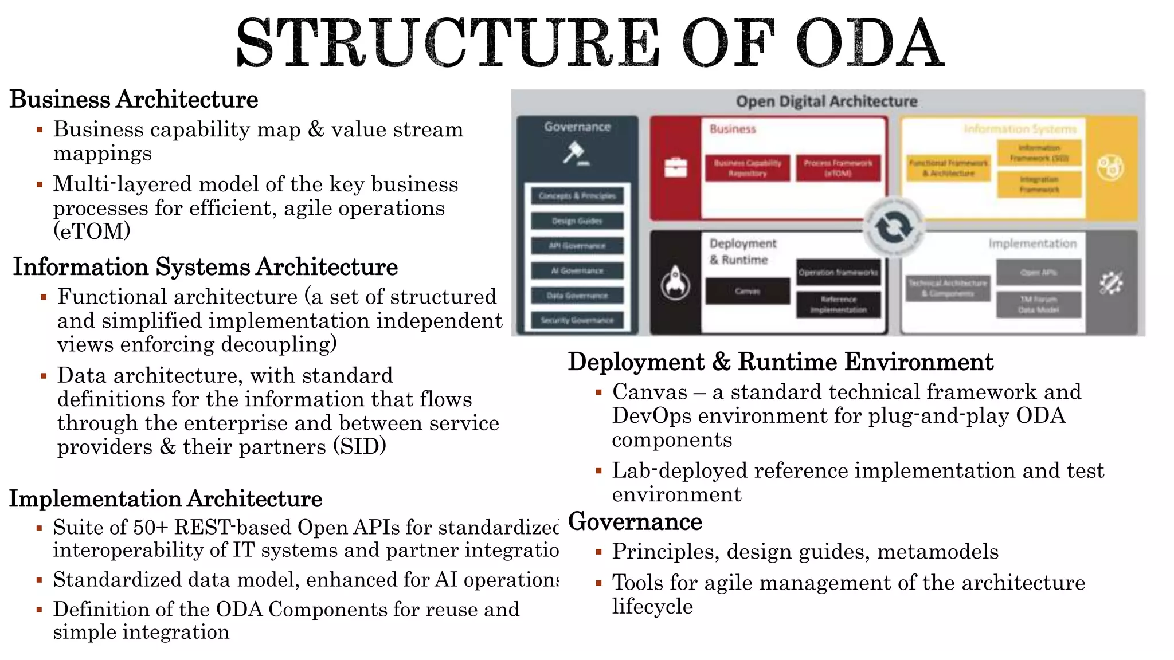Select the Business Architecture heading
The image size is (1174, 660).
[134, 99]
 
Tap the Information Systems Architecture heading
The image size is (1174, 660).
[205, 267]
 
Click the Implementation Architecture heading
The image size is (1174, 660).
[166, 499]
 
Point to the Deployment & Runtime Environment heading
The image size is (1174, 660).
[780, 362]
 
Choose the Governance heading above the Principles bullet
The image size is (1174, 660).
[635, 522]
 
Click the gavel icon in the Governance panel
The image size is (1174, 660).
[576, 154]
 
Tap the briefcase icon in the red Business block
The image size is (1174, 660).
[675, 167]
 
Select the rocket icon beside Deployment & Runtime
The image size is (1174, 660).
[675, 282]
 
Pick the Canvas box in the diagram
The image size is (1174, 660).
[747, 291]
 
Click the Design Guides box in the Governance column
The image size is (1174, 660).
[577, 221]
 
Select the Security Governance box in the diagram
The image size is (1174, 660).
[577, 320]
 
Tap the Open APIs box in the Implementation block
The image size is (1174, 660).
[1038, 273]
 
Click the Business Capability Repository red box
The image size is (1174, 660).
[747, 168]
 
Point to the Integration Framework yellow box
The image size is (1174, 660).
[1039, 184]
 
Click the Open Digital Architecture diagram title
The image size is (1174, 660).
[826, 101]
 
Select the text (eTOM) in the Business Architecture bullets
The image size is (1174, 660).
[92, 231]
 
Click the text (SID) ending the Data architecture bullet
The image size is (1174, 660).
[359, 446]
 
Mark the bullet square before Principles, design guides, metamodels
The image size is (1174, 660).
[598, 552]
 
